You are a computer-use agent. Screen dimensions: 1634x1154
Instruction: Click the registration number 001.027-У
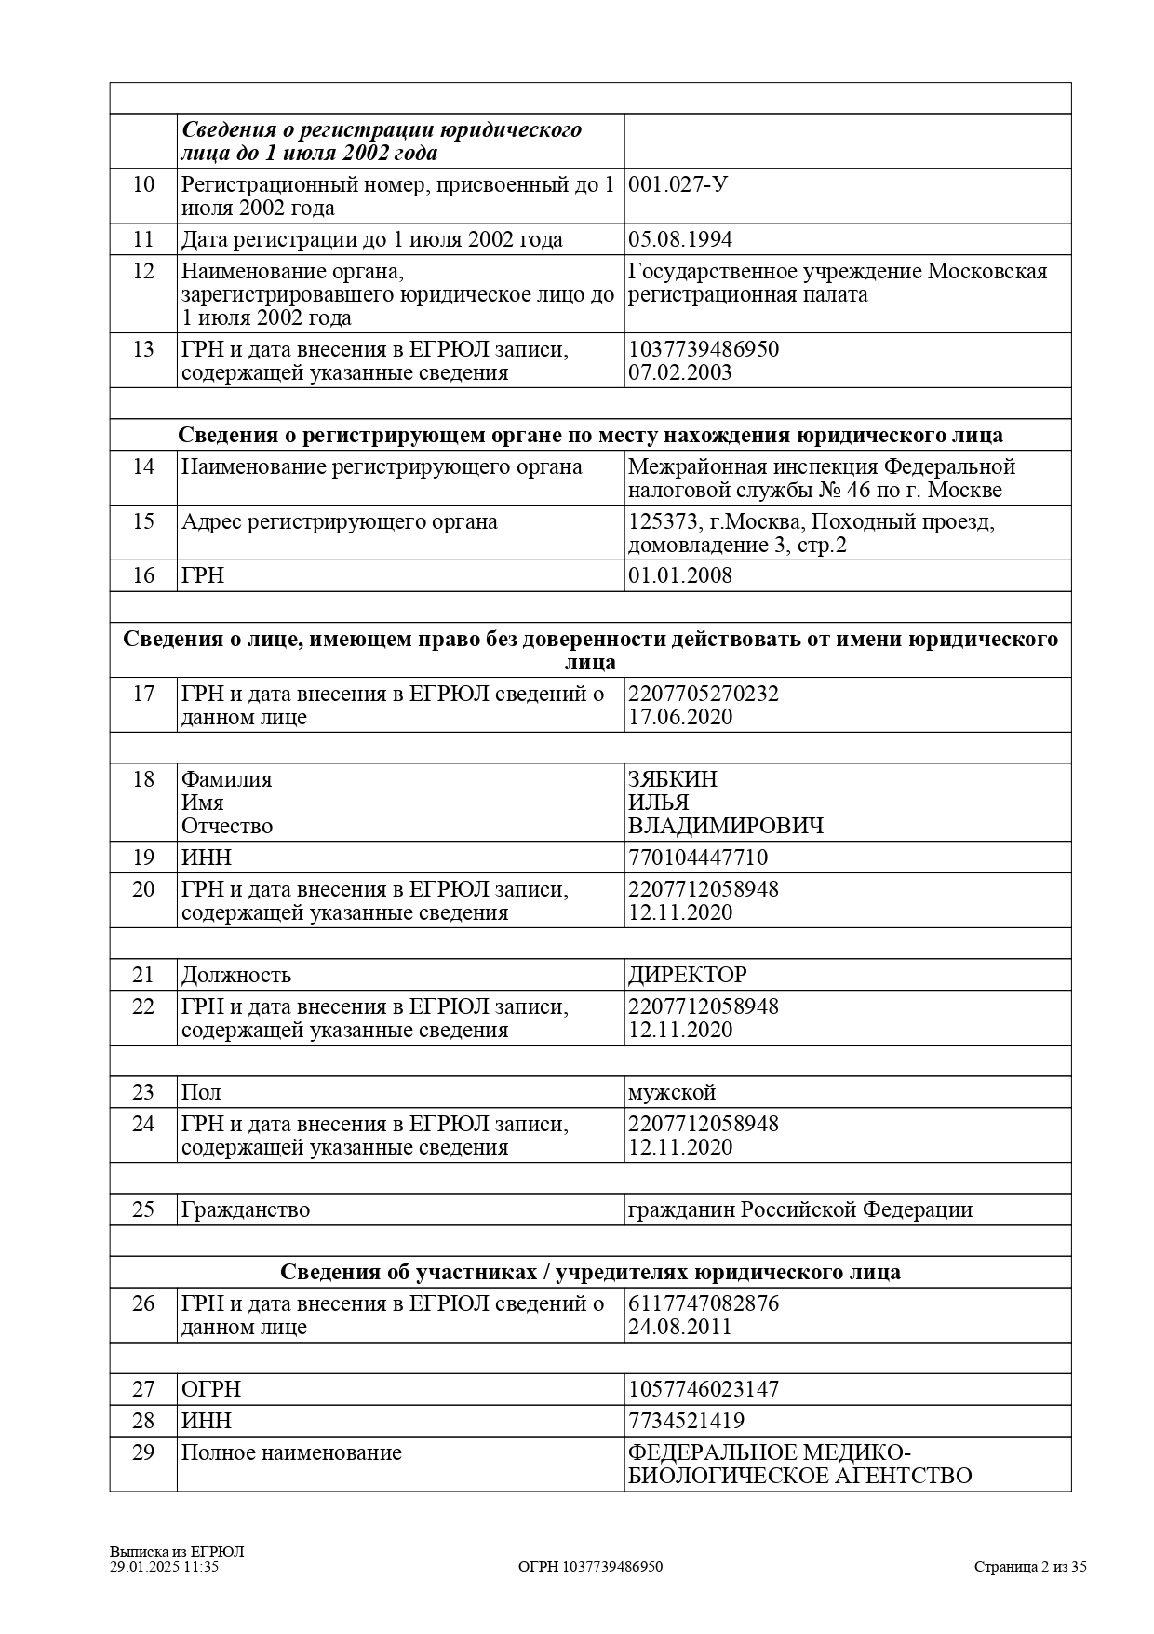pyautogui.click(x=678, y=184)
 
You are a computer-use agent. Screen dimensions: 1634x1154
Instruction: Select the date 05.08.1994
pyautogui.click(x=679, y=239)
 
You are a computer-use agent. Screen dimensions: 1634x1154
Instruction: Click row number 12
pyautogui.click(x=143, y=271)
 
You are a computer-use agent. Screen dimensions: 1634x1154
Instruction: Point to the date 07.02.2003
pyautogui.click(x=679, y=372)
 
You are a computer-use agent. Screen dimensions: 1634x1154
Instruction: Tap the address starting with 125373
pyautogui.click(x=811, y=533)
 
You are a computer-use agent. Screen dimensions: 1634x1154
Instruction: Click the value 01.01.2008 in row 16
pyautogui.click(x=679, y=575)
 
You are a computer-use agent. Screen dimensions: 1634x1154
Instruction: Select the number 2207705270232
pyautogui.click(x=703, y=694)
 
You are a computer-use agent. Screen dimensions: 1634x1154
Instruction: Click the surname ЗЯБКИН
pyautogui.click(x=672, y=779)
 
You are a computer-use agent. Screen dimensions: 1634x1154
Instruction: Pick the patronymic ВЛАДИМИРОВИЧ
pyautogui.click(x=725, y=826)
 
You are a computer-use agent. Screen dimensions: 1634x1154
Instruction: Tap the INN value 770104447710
pyautogui.click(x=697, y=858)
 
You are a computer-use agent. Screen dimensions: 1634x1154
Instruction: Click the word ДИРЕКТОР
pyautogui.click(x=687, y=975)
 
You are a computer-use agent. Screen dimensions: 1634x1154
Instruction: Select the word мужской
pyautogui.click(x=671, y=1092)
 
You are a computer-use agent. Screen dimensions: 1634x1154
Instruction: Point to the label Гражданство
pyautogui.click(x=245, y=1209)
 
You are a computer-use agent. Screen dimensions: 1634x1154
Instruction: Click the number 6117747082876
pyautogui.click(x=703, y=1303)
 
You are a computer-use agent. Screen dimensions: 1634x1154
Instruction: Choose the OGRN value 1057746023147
pyautogui.click(x=703, y=1389)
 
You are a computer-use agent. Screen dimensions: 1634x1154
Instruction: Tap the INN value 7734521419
pyautogui.click(x=686, y=1421)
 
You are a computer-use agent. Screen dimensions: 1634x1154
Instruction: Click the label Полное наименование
pyautogui.click(x=291, y=1452)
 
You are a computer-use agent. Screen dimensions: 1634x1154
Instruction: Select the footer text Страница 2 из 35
pyautogui.click(x=1030, y=1566)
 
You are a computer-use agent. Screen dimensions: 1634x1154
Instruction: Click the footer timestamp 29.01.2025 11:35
pyautogui.click(x=164, y=1566)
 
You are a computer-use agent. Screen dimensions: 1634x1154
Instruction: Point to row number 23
pyautogui.click(x=143, y=1092)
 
